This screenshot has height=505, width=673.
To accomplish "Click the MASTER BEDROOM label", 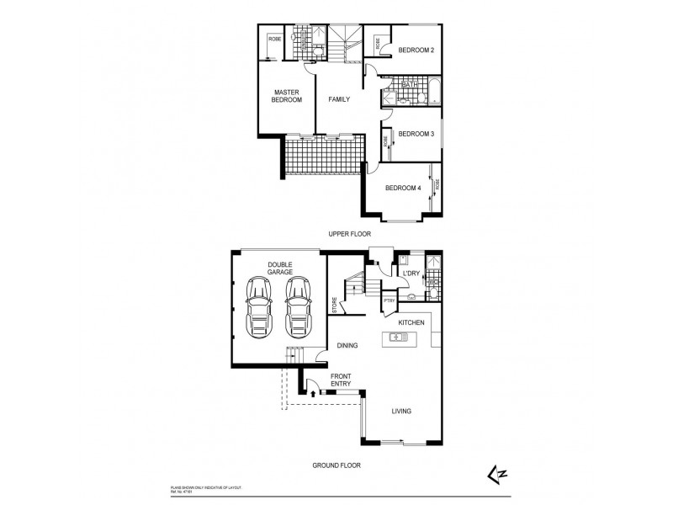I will tap(286, 95).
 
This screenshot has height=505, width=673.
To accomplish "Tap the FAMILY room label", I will tap(338, 99).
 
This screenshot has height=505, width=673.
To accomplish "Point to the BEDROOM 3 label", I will tap(416, 134).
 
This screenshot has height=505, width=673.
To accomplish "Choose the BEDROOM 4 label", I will tap(402, 188).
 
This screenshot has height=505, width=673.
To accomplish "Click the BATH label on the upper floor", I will tap(411, 85).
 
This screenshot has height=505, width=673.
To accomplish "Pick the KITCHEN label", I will tap(411, 322).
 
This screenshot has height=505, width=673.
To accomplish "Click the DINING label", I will tap(347, 345).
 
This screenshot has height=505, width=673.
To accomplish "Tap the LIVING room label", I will tap(400, 411).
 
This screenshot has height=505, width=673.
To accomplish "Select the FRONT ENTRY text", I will tap(341, 380).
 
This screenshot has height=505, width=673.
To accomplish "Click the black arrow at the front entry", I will tap(314, 391).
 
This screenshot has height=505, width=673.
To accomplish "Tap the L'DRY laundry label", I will tap(411, 274).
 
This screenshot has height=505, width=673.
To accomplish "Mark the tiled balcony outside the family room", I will tap(323, 157).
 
